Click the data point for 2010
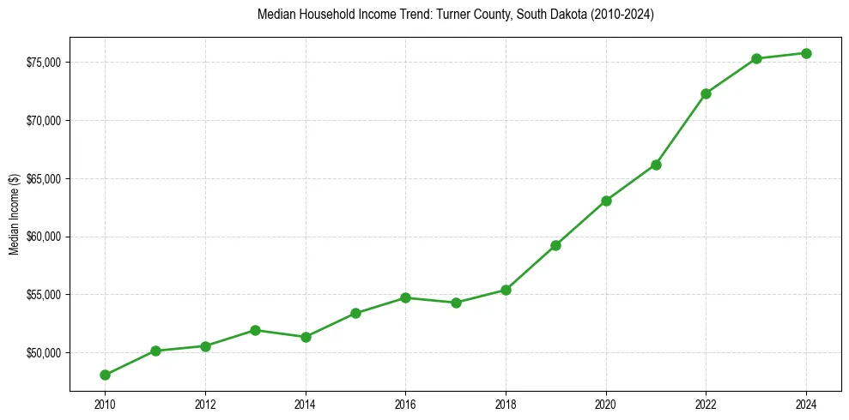(x=105, y=375)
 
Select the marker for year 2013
(x=256, y=330)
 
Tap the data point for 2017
(x=456, y=303)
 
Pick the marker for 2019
(x=556, y=245)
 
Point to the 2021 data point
(x=656, y=165)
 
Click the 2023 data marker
(x=756, y=58)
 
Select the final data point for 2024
(x=806, y=53)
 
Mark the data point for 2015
(x=355, y=313)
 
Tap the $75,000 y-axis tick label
(x=44, y=63)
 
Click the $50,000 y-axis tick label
(x=44, y=352)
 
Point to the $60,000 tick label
(x=44, y=237)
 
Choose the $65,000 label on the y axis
(x=44, y=178)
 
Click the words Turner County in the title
(x=474, y=15)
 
